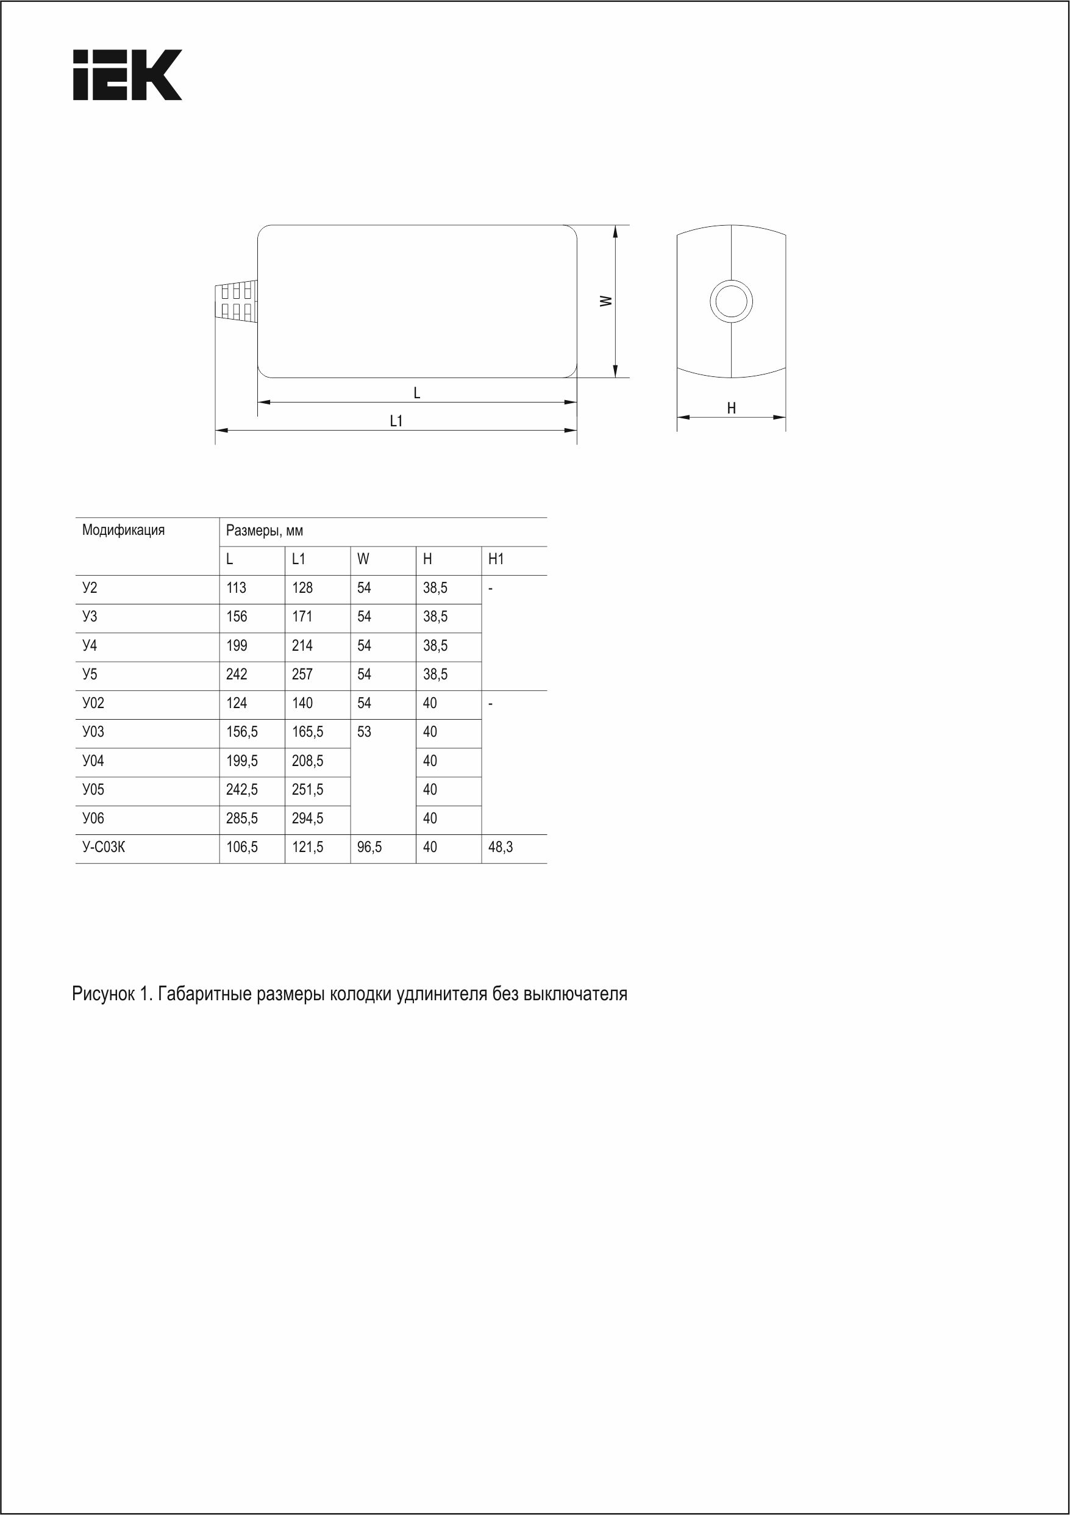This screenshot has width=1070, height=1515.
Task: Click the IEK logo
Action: coord(127,74)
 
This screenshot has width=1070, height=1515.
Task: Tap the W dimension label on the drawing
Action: coord(605,301)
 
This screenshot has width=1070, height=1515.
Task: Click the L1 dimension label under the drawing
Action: coord(396,421)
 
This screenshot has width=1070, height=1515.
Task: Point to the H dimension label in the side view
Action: coord(731,409)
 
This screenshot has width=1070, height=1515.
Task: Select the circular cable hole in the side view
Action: coord(731,301)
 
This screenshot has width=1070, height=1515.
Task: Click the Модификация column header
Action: coord(123,530)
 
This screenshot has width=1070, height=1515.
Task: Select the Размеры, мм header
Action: coord(264,531)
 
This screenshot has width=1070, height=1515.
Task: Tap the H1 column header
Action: coord(496,559)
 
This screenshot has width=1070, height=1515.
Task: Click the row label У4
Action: coord(90,645)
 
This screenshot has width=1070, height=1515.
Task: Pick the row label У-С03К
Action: coord(104,847)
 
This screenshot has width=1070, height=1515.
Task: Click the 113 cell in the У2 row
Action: coord(236,588)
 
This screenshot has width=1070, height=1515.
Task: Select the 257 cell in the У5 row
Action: coord(302,675)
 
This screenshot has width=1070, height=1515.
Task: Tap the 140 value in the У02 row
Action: coord(302,703)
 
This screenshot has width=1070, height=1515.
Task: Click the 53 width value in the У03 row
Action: coord(364,732)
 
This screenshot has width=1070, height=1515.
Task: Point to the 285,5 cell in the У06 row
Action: coord(241,818)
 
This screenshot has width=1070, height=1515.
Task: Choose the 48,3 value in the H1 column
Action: coord(500,847)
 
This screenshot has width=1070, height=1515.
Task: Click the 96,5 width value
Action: coord(369,847)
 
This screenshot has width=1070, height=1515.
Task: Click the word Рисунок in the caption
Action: coord(103,994)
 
